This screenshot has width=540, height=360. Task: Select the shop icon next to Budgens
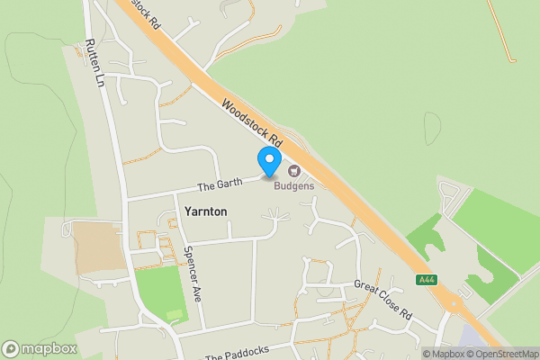(293, 170)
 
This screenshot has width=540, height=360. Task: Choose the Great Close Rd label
(382, 301)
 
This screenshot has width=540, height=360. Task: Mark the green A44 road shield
(426, 280)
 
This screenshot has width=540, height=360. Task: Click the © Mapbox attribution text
(442, 354)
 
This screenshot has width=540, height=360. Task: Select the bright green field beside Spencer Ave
(159, 294)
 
